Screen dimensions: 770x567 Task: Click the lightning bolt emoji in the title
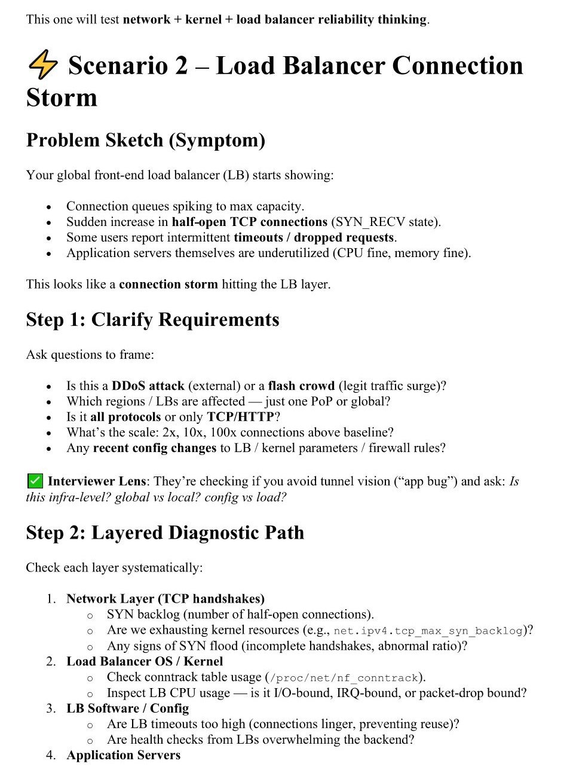click(42, 65)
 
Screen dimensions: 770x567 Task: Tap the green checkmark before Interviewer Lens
click(35, 481)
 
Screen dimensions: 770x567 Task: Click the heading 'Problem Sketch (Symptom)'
click(146, 140)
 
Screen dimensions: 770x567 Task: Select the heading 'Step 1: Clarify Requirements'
click(152, 319)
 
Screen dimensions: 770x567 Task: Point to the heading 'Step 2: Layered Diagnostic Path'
click(165, 532)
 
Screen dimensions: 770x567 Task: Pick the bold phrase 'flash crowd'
click(302, 386)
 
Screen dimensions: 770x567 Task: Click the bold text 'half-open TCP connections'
click(250, 222)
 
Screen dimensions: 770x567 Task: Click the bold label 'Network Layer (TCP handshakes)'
click(165, 598)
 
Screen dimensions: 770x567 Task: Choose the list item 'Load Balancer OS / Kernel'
click(145, 661)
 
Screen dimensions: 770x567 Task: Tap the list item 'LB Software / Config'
click(127, 708)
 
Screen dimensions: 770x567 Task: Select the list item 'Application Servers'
click(123, 755)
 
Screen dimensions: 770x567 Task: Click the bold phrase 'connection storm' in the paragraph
click(168, 284)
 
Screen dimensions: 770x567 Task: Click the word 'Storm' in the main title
click(62, 97)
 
